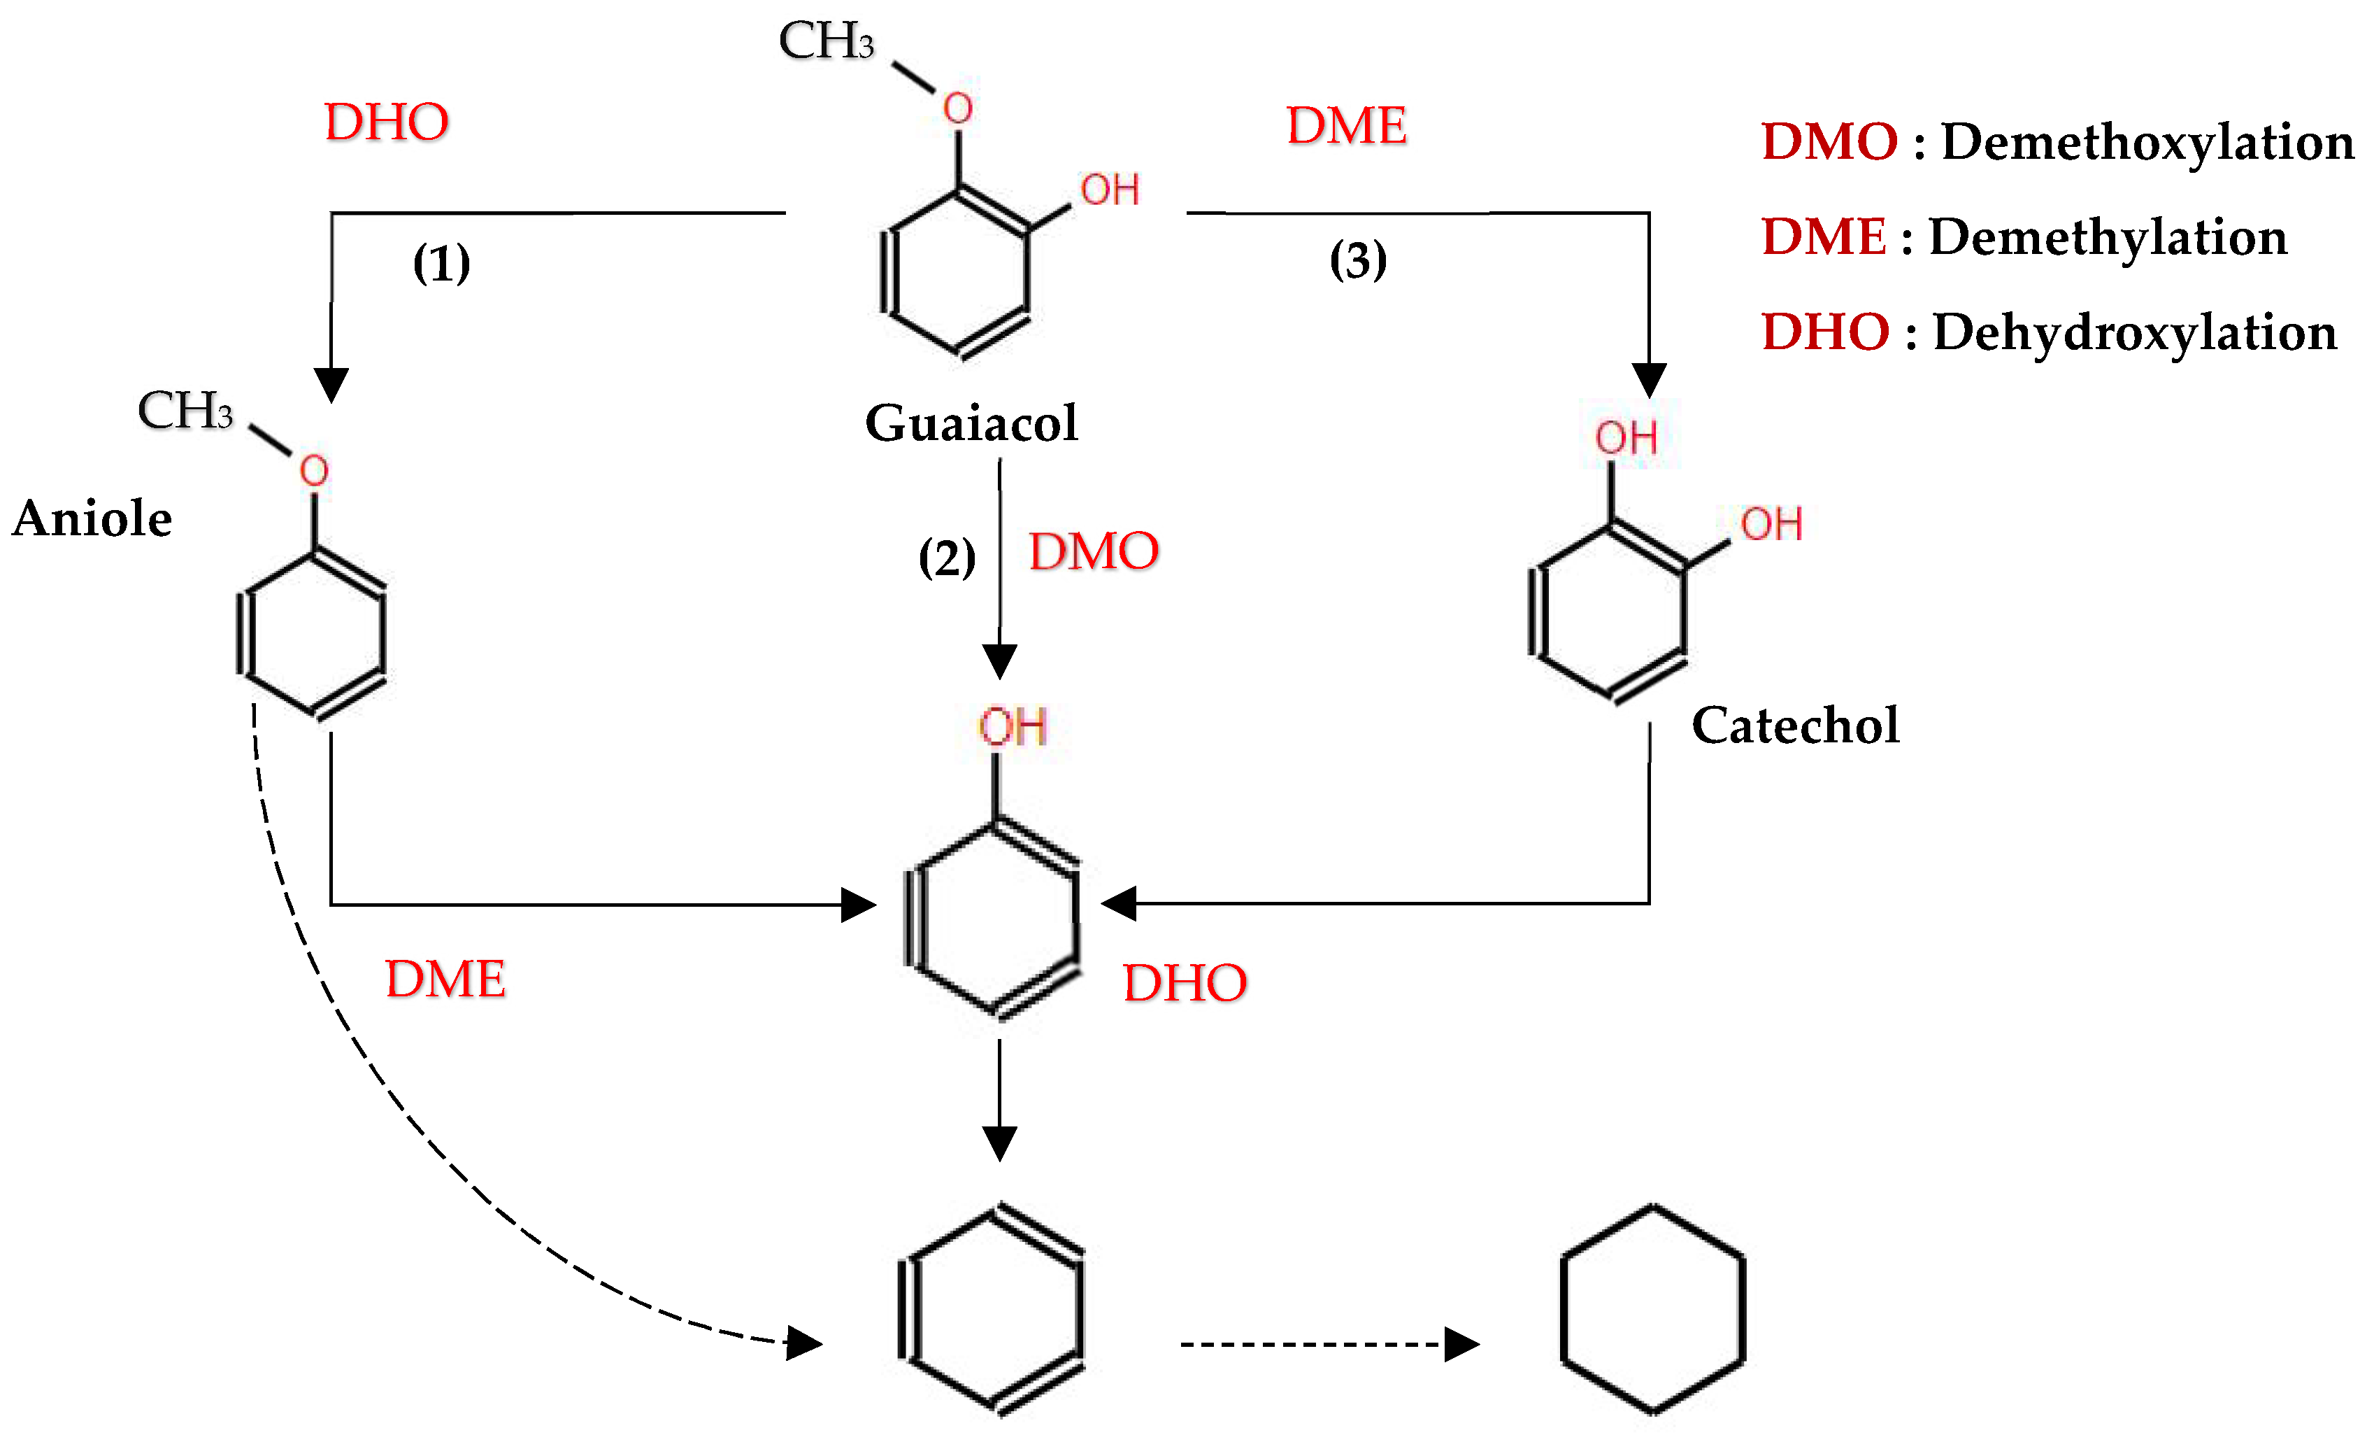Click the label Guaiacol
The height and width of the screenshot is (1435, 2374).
971,423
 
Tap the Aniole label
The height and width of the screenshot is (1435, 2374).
92,518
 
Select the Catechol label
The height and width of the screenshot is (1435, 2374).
1795,725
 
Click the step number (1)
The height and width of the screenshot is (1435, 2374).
441,263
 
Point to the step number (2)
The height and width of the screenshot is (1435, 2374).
946,558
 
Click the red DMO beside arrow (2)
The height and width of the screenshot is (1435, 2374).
1094,551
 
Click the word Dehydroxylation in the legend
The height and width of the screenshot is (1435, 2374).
2134,332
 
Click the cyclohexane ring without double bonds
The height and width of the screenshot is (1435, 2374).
1652,1310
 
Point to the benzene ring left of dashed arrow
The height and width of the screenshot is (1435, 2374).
992,1310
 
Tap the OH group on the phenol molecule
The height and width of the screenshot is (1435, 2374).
1012,727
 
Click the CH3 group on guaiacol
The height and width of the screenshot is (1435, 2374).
826,41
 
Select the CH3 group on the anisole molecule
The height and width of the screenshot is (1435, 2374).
185,411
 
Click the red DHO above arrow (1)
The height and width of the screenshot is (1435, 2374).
387,122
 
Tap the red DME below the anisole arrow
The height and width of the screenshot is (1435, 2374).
445,979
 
